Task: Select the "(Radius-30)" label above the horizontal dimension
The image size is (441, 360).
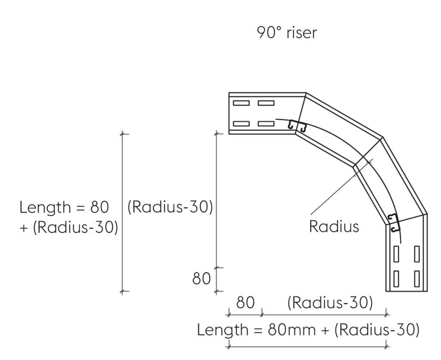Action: [329, 303]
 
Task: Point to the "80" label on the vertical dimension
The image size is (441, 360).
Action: [201, 278]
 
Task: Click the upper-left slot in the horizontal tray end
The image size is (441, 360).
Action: [241, 103]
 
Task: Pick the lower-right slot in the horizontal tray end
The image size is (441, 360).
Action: [266, 124]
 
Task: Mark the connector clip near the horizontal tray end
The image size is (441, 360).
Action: [298, 125]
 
